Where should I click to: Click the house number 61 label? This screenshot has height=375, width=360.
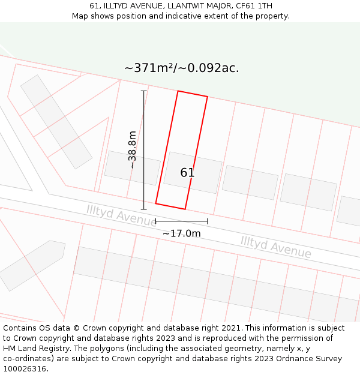[187, 173]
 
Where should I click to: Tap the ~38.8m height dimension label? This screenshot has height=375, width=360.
[133, 149]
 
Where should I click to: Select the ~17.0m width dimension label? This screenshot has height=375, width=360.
[181, 233]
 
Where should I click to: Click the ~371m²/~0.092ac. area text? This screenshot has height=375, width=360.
[181, 68]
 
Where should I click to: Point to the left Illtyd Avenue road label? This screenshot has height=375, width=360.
[121, 215]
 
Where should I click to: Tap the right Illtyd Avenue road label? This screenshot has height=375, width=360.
[275, 247]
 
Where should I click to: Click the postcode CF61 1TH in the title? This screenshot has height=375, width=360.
[254, 6]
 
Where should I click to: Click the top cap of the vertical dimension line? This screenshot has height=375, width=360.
[143, 91]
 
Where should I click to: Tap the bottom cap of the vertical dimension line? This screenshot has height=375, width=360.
[143, 209]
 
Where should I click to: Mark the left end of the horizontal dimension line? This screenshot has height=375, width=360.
[156, 221]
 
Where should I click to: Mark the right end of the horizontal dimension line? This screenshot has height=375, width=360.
[208, 221]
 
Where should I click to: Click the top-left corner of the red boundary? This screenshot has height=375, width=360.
[178, 91]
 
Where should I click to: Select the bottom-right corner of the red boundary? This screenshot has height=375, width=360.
[185, 209]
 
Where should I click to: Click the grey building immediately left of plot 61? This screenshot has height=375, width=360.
[132, 167]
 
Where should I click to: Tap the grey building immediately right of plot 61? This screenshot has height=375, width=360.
[250, 182]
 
